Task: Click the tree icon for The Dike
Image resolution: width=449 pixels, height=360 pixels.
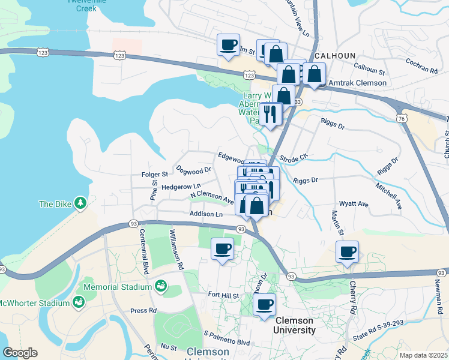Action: [x=80, y=203]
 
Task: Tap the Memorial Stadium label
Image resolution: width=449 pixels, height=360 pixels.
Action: [x=118, y=287]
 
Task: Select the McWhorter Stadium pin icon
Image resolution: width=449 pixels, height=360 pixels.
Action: [x=78, y=302]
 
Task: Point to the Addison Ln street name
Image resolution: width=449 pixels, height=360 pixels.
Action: [x=206, y=214]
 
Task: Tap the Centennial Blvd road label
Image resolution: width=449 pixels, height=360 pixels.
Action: [x=143, y=252]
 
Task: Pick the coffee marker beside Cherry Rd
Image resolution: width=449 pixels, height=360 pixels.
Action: [x=348, y=252]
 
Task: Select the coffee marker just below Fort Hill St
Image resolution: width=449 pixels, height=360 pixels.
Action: [x=264, y=304]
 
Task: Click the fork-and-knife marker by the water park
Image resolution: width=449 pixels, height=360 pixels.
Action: [x=271, y=113]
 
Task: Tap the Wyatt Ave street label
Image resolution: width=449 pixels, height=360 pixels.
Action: [x=354, y=204]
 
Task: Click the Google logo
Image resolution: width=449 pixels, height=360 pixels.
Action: [x=20, y=353]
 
